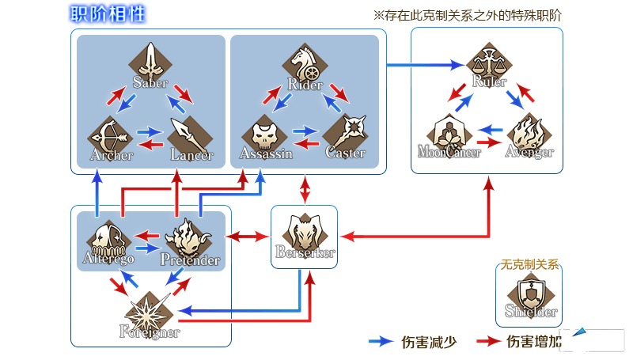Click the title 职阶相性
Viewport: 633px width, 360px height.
(107, 14)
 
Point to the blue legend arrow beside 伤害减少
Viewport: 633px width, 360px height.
(381, 342)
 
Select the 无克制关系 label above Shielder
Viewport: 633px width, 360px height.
(529, 267)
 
